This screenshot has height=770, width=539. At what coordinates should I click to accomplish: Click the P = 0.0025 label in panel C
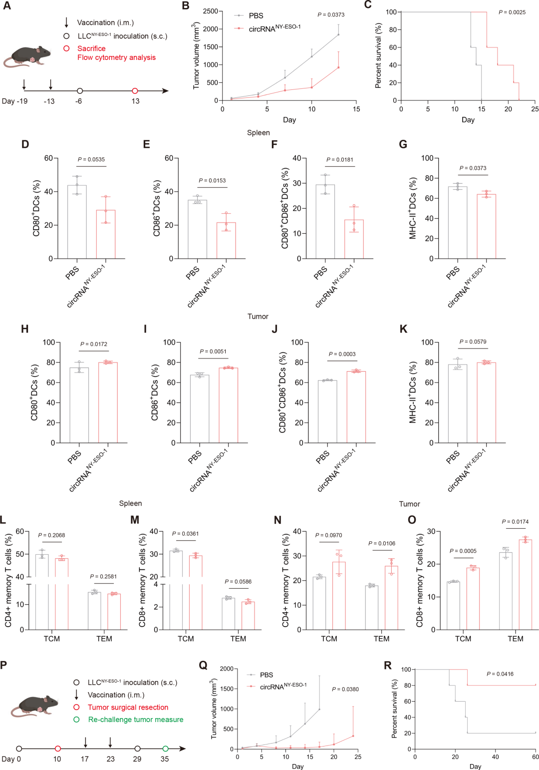coord(512,12)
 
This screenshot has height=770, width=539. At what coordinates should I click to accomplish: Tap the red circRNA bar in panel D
coord(105,234)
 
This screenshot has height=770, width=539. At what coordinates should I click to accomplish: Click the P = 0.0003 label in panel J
coord(342,354)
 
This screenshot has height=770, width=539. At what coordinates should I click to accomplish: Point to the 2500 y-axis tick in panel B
coord(211,11)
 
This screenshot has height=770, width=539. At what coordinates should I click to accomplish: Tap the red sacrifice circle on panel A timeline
coord(135,91)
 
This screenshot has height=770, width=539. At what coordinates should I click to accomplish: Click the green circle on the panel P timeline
coord(165,749)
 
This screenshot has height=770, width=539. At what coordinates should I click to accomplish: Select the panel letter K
coord(404,329)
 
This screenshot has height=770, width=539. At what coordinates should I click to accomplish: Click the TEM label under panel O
coord(516,638)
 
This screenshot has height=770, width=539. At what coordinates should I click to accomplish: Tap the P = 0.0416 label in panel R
coord(500,674)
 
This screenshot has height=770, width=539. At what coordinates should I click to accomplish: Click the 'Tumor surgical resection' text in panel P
coord(128,707)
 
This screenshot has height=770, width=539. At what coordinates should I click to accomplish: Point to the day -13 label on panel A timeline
coord(49,101)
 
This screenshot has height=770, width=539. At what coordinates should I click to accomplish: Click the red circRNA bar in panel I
coord(229,405)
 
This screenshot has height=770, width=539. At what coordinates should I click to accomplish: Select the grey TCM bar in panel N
coord(319,603)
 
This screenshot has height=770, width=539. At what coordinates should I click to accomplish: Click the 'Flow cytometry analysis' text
coord(116,57)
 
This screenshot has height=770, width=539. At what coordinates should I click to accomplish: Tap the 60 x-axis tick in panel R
coord(535,756)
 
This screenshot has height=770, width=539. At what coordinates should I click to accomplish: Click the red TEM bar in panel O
coord(525,584)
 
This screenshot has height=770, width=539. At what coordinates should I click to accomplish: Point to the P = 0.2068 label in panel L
coord(51,535)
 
